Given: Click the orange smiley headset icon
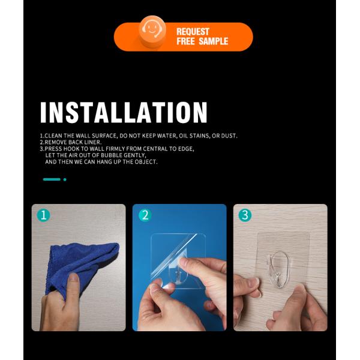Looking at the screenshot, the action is pos(152,31).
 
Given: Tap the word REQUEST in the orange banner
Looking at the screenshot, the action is pos(193,31).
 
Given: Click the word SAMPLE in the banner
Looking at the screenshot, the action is pos(213,41).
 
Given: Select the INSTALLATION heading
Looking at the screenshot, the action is pos(124,112).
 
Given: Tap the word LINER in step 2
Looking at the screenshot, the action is pos(92,142).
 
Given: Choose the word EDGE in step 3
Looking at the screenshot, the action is pos(186,149).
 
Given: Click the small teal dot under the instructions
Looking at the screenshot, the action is pos(65,179).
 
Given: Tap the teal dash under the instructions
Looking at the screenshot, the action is pos(52,179).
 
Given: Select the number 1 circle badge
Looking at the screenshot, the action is pos(43,215).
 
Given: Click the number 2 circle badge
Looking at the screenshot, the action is pos(145,215).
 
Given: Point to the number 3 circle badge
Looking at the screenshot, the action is pos(245,215).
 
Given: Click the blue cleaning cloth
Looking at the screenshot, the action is pos(80,266).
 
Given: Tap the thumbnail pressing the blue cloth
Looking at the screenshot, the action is pos(73,278).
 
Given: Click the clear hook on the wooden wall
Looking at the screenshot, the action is pos(279,269).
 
